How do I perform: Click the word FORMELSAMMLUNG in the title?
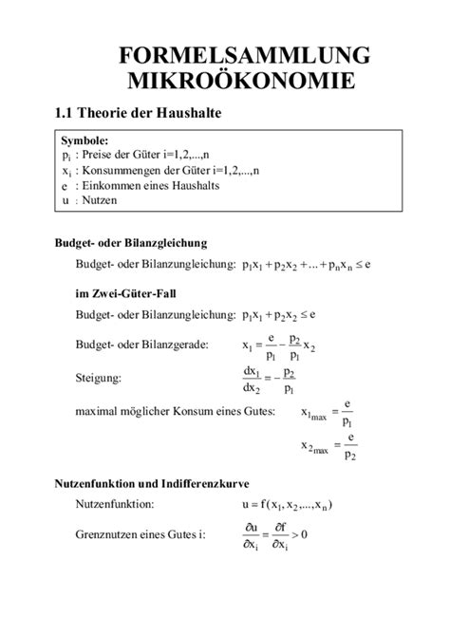(x=244, y=54)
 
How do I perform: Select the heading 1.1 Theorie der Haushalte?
(x=138, y=113)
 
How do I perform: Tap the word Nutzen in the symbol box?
(x=98, y=201)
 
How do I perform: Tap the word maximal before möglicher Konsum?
(x=99, y=411)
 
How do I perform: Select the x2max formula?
(x=328, y=445)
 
